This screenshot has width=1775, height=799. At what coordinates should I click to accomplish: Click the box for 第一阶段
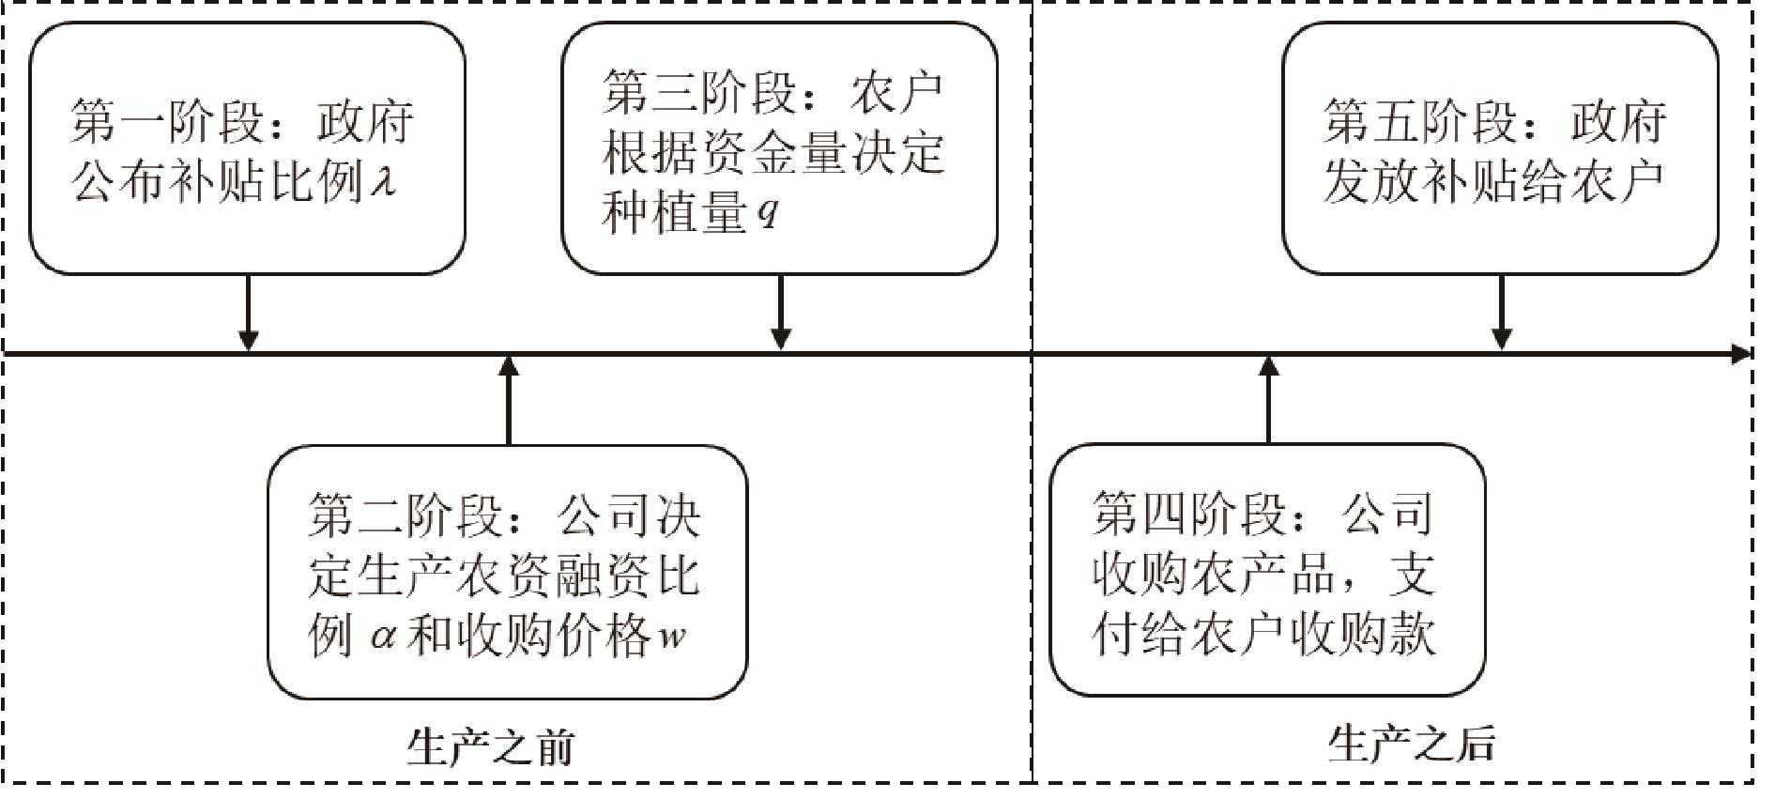(x=247, y=148)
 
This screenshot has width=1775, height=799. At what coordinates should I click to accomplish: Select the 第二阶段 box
(x=507, y=572)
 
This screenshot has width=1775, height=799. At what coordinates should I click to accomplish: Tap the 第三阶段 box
(x=779, y=148)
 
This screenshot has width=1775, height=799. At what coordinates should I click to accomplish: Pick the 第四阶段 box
(x=1267, y=570)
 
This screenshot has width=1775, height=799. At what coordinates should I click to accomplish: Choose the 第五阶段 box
(x=1500, y=148)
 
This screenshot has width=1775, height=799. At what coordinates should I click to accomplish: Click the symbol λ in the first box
(x=382, y=178)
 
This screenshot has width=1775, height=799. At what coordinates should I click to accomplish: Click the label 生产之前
(x=490, y=747)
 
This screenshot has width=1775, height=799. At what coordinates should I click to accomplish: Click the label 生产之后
(x=1411, y=745)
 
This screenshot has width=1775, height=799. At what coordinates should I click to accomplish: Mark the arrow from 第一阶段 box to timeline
(x=248, y=312)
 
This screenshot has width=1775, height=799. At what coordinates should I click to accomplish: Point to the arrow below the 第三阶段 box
(x=780, y=312)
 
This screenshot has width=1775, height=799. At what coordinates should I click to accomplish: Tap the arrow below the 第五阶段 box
(x=1501, y=312)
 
